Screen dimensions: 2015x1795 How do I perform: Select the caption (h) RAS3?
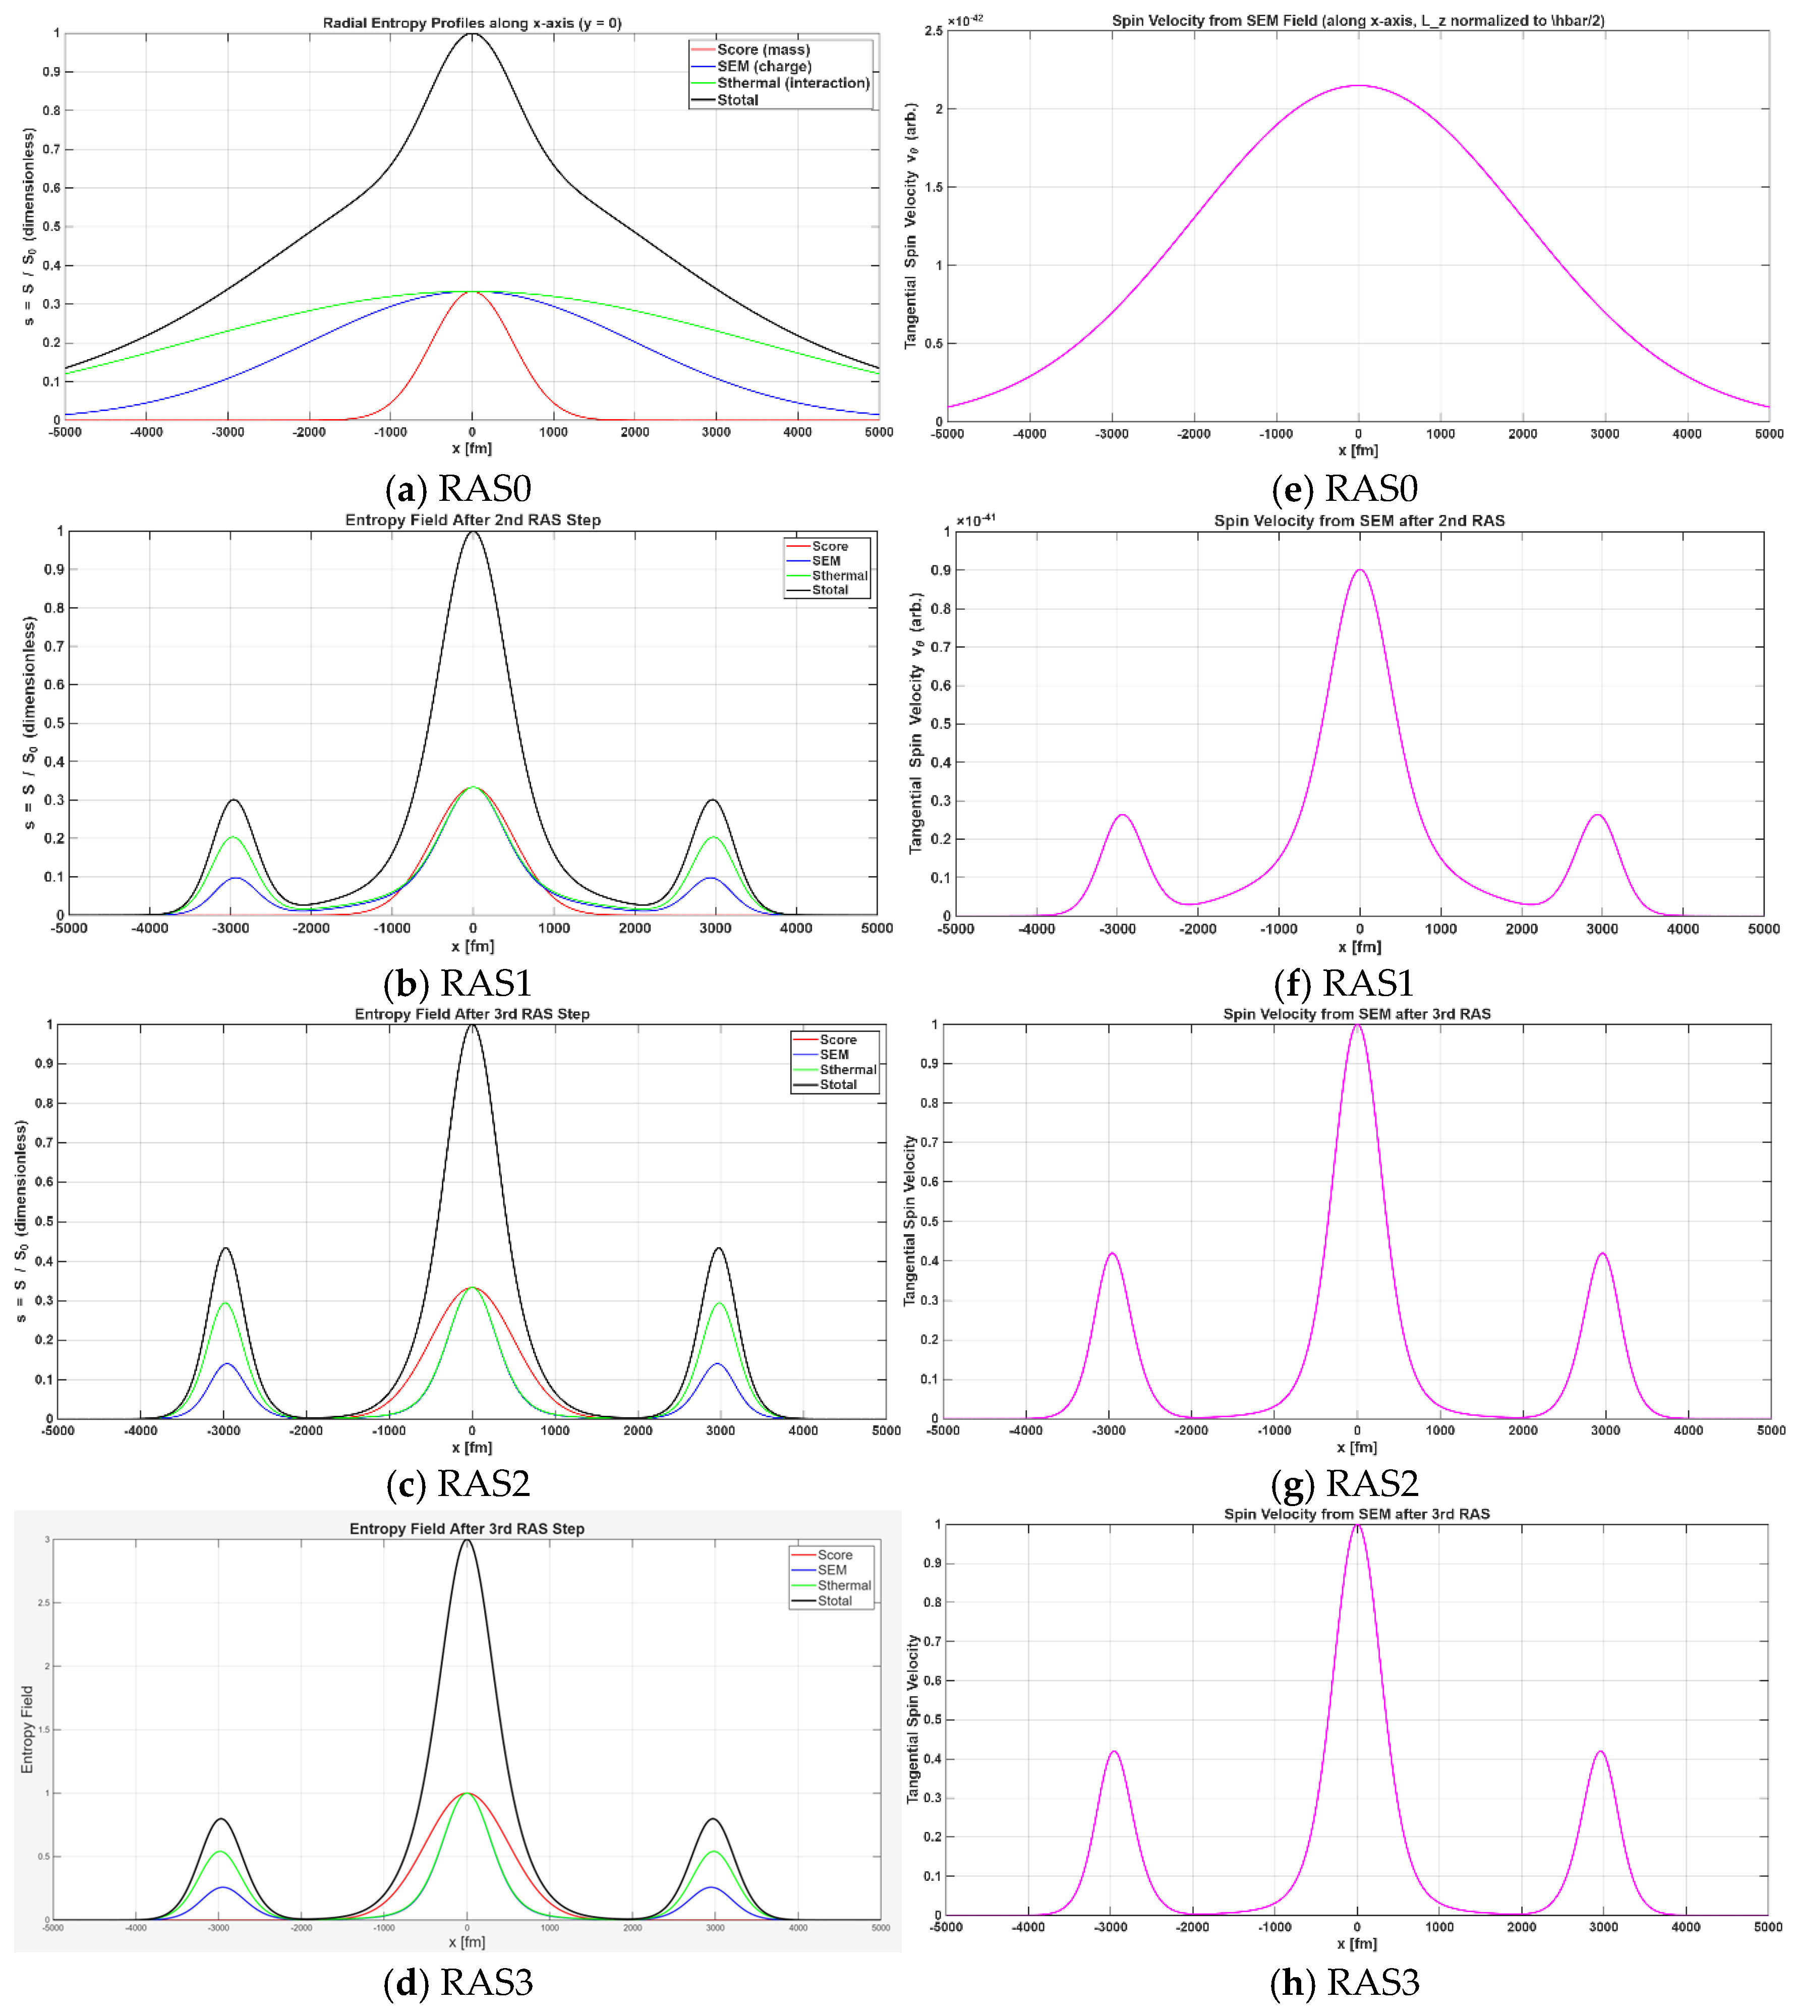pos(1344,1982)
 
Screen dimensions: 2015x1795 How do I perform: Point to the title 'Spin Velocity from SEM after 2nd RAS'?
pos(1359,521)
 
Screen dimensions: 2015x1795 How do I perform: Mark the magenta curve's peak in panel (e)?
pos(1359,86)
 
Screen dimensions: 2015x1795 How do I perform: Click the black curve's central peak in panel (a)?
pos(473,34)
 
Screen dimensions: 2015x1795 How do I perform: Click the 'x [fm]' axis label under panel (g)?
pos(1357,1447)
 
